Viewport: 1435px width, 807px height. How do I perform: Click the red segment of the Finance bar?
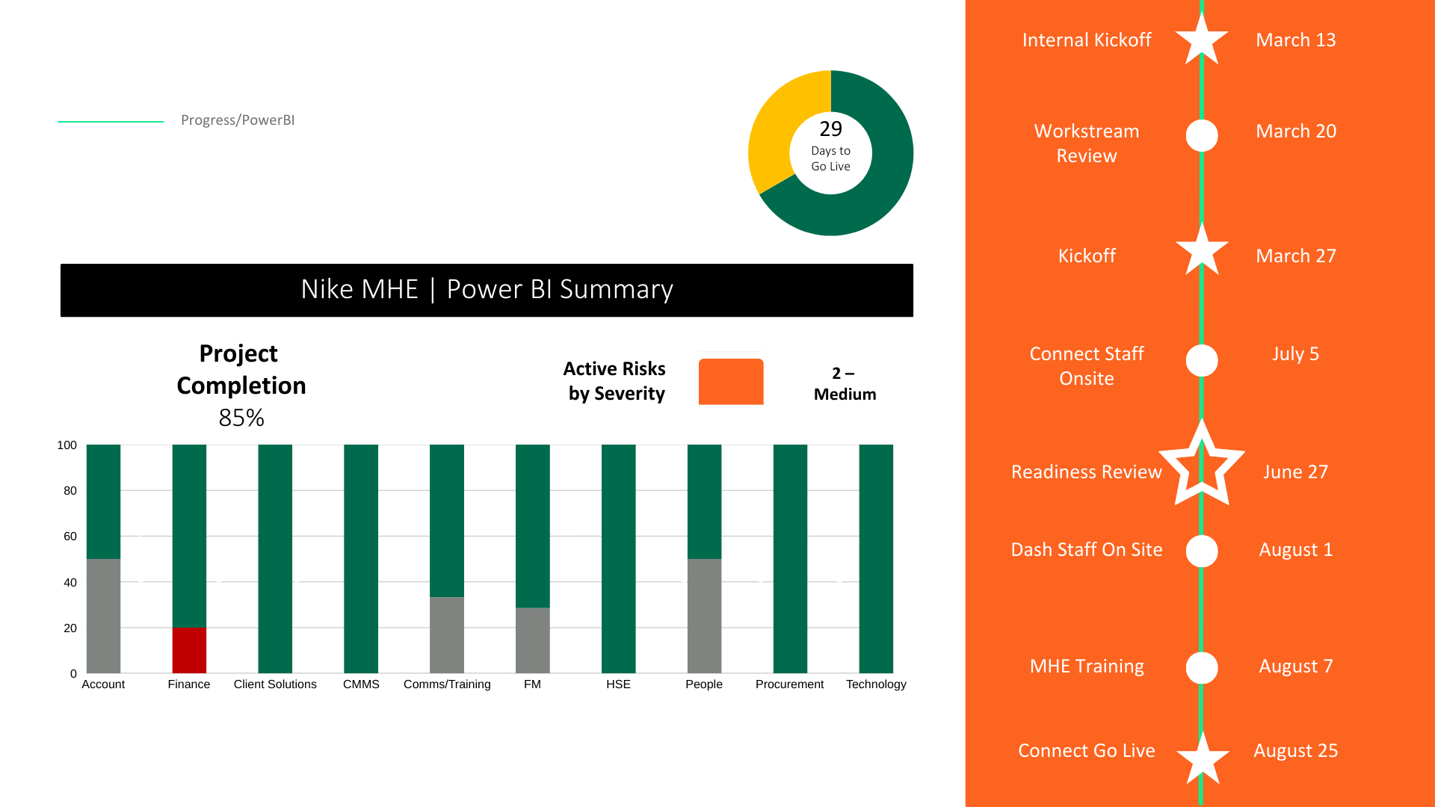click(x=189, y=650)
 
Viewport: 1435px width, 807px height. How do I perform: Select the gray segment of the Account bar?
click(x=103, y=616)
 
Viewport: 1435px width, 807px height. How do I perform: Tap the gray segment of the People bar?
click(x=704, y=616)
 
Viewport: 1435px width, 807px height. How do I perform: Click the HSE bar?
click(x=618, y=559)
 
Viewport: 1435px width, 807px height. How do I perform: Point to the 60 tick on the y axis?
click(x=70, y=537)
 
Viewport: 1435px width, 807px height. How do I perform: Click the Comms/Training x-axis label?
click(x=447, y=684)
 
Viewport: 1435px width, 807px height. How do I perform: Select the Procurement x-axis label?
click(x=789, y=684)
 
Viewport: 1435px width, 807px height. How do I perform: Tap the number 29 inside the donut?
click(x=830, y=129)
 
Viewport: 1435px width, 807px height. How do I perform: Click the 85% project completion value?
click(x=241, y=418)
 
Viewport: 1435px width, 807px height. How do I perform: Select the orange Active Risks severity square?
click(x=731, y=382)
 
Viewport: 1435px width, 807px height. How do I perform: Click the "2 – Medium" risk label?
click(x=845, y=383)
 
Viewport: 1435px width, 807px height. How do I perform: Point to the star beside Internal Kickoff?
click(x=1202, y=40)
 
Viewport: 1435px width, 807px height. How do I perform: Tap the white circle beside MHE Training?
click(x=1202, y=667)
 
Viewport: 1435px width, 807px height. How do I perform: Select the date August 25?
click(x=1295, y=751)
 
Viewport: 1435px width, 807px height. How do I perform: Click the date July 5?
click(x=1295, y=354)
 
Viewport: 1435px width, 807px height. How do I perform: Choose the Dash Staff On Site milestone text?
click(x=1087, y=550)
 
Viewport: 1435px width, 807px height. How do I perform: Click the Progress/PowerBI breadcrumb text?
click(x=238, y=120)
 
